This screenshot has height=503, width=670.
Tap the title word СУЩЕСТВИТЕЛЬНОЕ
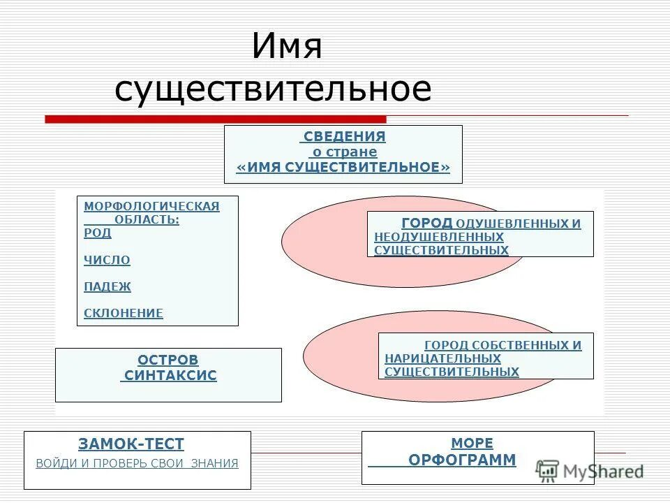(273, 89)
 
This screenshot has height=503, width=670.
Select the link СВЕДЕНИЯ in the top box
(345, 137)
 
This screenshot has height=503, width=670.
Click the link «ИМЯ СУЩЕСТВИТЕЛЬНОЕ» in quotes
(343, 168)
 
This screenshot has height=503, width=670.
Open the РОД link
(97, 233)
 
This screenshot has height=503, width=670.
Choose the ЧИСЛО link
(107, 260)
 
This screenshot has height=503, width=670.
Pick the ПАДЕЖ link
(107, 286)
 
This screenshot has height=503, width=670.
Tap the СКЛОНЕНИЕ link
(123, 313)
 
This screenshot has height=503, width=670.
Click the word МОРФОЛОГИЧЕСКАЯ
(151, 206)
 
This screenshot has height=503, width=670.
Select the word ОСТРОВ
(168, 360)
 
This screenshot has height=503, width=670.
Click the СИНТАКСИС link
(170, 376)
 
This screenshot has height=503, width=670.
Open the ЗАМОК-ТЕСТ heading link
(131, 444)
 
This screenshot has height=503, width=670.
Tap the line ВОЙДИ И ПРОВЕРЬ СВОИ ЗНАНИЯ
(137, 463)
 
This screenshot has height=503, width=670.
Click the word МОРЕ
(472, 444)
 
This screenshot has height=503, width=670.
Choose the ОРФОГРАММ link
(462, 460)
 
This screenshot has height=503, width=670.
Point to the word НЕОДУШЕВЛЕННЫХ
(438, 238)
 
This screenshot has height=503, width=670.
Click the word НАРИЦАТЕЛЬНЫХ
(442, 358)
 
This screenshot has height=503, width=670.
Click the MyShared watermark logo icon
(547, 470)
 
